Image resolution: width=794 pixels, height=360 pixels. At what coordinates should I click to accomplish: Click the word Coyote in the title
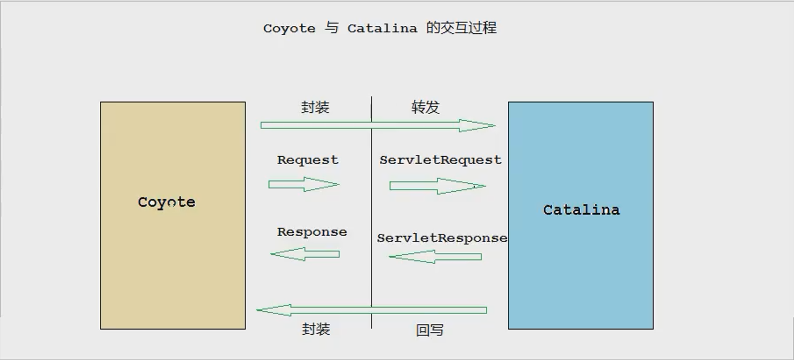[289, 29]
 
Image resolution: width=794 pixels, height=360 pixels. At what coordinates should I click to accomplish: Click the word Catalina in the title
[382, 29]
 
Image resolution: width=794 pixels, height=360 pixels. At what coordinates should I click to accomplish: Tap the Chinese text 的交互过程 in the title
[461, 28]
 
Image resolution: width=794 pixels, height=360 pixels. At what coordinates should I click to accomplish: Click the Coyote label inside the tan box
[167, 202]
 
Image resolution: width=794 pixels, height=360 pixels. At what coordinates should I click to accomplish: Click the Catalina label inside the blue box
[581, 210]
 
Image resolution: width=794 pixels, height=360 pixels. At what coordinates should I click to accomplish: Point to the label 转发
[425, 107]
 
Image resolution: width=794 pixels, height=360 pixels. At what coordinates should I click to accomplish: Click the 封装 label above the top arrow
[315, 107]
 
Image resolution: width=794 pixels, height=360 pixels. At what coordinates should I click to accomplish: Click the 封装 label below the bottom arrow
[316, 329]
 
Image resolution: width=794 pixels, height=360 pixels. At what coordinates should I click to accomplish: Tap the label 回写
[430, 330]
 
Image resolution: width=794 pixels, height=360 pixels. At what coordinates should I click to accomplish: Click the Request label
[308, 160]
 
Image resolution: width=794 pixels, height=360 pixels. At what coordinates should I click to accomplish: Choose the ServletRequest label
[440, 160]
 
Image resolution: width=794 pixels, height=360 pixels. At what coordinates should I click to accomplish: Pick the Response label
[312, 232]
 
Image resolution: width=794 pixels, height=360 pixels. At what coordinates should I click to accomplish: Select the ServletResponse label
[442, 238]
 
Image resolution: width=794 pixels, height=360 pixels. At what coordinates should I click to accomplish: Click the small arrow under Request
[304, 185]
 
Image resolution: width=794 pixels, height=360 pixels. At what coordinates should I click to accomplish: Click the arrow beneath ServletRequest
[437, 186]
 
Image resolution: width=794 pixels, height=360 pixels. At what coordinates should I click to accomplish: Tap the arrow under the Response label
[305, 254]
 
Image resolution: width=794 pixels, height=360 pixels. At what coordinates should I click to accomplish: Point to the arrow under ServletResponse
[435, 257]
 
